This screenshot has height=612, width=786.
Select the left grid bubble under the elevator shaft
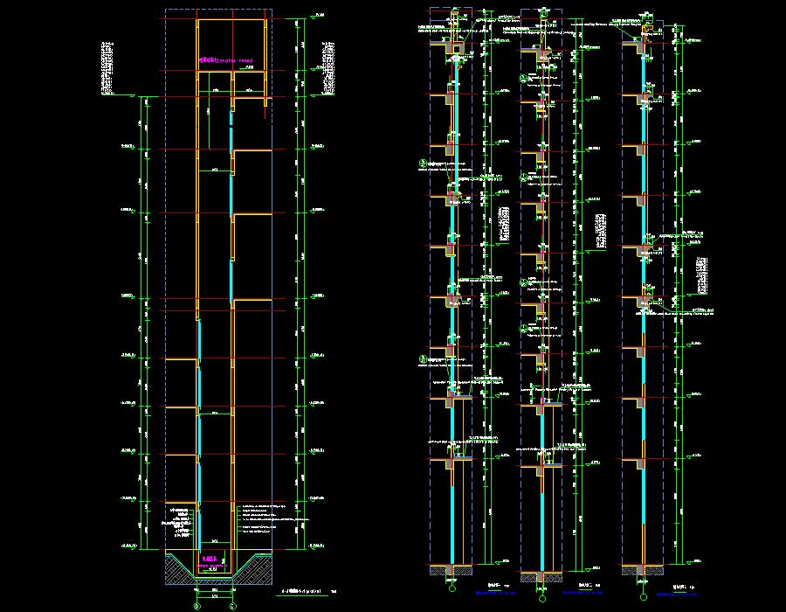click(x=196, y=604)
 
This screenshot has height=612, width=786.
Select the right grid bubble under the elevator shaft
click(x=232, y=604)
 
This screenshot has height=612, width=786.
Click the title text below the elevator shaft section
click(x=308, y=591)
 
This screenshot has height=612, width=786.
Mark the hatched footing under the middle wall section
click(x=542, y=577)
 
